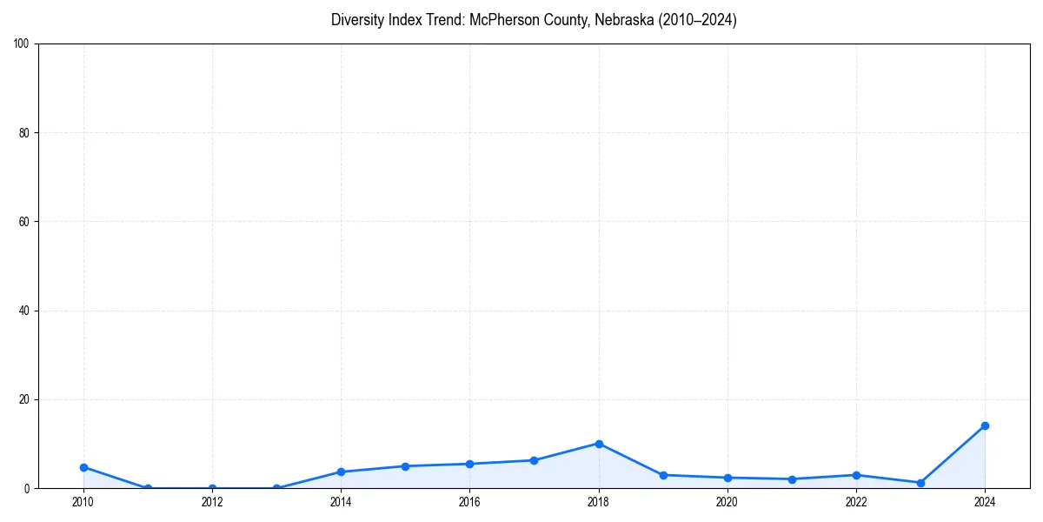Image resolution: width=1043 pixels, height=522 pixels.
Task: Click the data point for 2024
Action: coord(985,425)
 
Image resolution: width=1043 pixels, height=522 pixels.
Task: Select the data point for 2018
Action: coord(599,444)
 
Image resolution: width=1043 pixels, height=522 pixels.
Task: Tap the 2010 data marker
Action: coord(83,467)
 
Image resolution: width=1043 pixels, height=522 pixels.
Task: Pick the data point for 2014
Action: coord(341,472)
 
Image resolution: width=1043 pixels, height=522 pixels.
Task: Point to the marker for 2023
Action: coord(920,483)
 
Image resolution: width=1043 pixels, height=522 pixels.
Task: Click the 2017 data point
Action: coord(534,460)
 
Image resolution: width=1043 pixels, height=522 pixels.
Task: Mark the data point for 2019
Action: coord(663,475)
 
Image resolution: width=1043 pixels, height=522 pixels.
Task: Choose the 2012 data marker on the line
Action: coord(212,488)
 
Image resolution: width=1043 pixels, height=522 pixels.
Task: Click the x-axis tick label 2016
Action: coord(469,502)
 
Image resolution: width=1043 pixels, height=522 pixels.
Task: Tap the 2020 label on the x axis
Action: coord(727,502)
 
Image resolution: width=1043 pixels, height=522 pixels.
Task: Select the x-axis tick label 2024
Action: coord(985,502)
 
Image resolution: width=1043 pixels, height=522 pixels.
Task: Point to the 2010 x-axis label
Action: coord(83,502)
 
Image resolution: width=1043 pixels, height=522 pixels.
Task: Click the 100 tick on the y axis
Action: coord(23,44)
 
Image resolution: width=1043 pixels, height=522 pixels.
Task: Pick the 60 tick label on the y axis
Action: coord(25,222)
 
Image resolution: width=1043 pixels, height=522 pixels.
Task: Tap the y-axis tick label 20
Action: coord(25,399)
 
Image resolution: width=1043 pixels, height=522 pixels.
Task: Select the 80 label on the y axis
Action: coord(25,133)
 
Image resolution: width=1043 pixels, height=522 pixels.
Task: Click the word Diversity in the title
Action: coord(356,20)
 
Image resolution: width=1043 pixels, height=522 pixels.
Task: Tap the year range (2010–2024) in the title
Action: coord(697,20)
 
